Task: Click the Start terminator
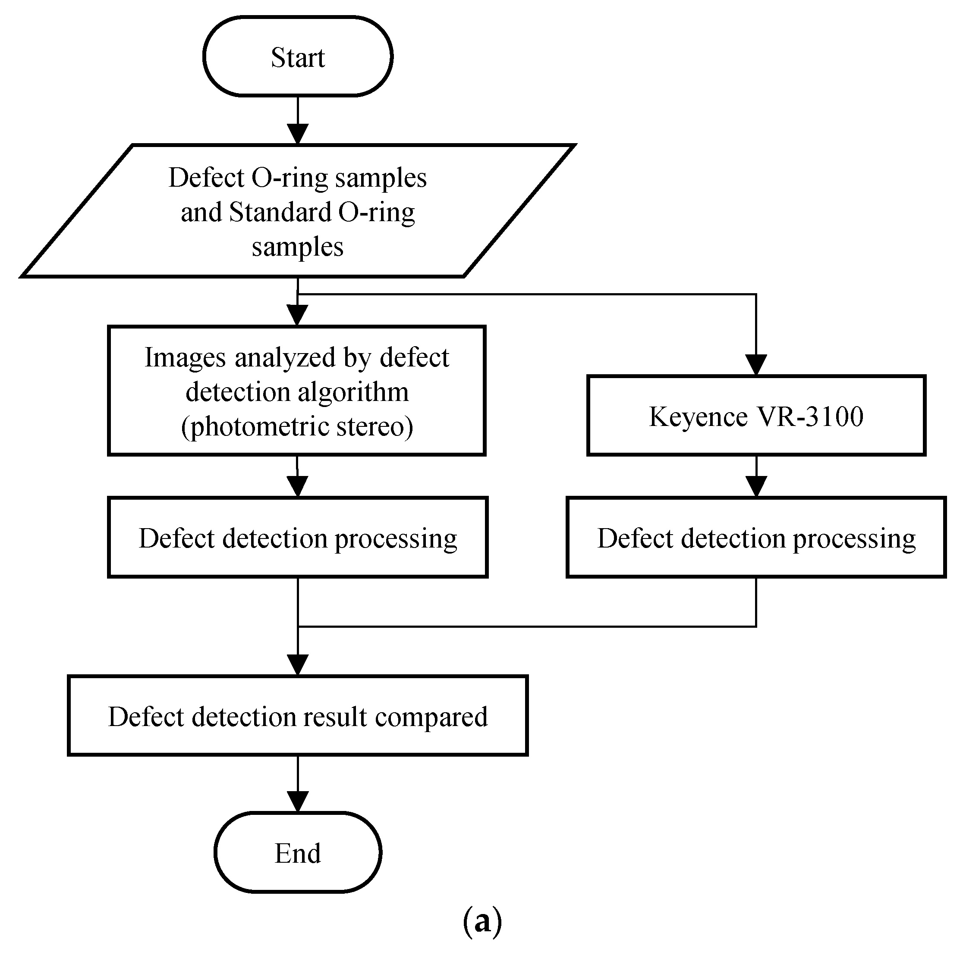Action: click(x=298, y=56)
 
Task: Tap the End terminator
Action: click(x=298, y=852)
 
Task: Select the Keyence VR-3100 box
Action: click(x=756, y=416)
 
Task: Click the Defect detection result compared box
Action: click(x=298, y=716)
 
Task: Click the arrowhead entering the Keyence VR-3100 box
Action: click(x=756, y=365)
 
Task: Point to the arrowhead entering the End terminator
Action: click(x=298, y=802)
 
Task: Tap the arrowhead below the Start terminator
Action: click(x=298, y=135)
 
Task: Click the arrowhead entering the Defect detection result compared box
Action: click(x=298, y=665)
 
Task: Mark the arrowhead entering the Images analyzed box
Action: click(x=298, y=315)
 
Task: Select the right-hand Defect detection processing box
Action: click(x=756, y=537)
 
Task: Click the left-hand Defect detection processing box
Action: click(x=298, y=537)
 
